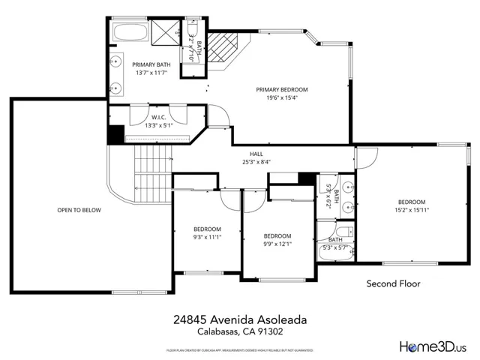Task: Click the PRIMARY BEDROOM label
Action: point(282,89)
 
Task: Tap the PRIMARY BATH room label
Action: point(152,64)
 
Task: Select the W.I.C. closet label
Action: point(158,117)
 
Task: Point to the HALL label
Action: point(256,152)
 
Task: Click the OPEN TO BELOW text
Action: point(79,210)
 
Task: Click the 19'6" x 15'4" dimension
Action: point(282,98)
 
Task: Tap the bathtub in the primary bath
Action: point(133,33)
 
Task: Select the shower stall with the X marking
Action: point(163,34)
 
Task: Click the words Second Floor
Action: point(393,284)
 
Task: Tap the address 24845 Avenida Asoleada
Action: point(240,319)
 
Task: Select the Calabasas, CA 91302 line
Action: point(240,331)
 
